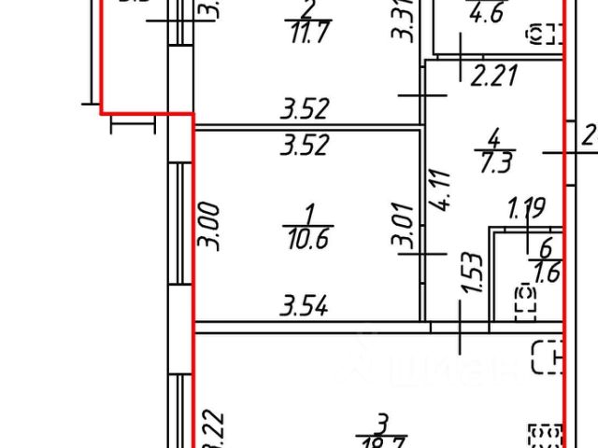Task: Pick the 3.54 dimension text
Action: click(306, 304)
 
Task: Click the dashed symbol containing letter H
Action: click(548, 356)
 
